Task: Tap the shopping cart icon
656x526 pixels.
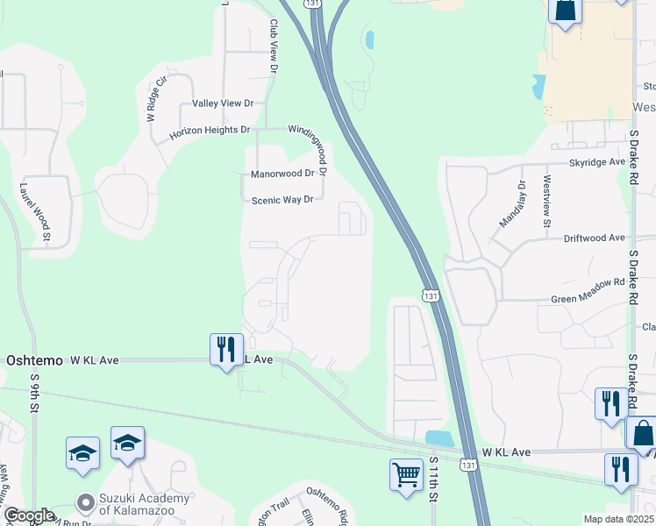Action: (x=406, y=475)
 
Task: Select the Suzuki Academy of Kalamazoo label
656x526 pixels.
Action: (x=145, y=504)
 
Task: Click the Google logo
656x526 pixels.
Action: (x=29, y=515)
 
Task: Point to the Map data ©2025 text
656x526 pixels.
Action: (x=619, y=519)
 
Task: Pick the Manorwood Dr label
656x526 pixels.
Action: (x=282, y=174)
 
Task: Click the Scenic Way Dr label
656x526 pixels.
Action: (x=282, y=200)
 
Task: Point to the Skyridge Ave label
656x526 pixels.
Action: (x=597, y=162)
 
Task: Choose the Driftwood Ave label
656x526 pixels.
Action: (x=594, y=238)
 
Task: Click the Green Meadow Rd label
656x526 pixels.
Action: (x=588, y=283)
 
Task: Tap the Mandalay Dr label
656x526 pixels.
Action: (x=510, y=204)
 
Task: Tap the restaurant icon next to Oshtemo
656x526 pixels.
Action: (x=225, y=349)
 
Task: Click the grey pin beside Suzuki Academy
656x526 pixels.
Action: (x=85, y=503)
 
